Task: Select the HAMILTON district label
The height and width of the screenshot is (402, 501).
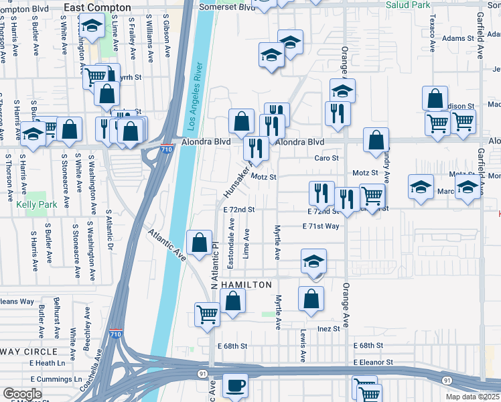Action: (x=247, y=285)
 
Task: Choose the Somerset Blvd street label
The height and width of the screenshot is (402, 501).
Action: (x=228, y=7)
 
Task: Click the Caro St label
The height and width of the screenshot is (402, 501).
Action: (x=328, y=158)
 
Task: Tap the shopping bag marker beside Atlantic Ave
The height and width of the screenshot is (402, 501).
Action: (x=199, y=243)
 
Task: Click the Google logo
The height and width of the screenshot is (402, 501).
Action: (x=22, y=394)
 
